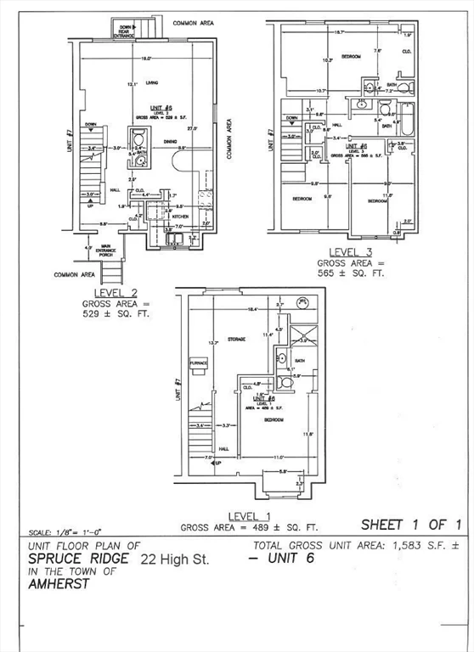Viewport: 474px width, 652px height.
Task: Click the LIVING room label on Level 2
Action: click(153, 83)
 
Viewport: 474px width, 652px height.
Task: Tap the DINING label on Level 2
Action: click(170, 141)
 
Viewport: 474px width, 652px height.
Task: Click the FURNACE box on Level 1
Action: click(198, 363)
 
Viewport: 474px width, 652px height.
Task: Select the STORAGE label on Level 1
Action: click(236, 339)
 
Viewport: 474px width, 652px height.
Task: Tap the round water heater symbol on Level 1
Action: click(302, 302)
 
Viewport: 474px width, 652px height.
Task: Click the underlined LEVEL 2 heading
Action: click(115, 292)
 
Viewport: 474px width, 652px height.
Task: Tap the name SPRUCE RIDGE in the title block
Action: click(79, 559)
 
